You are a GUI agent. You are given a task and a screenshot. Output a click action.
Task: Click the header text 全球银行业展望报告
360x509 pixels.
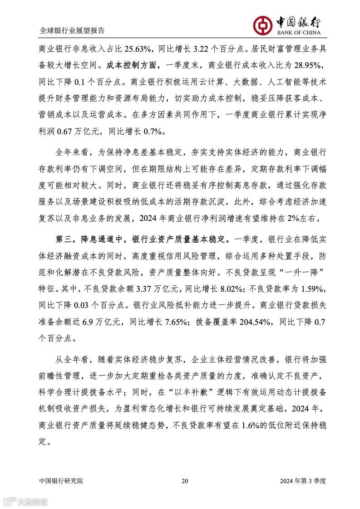72,31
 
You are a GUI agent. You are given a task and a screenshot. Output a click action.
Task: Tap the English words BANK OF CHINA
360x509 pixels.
298,33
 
